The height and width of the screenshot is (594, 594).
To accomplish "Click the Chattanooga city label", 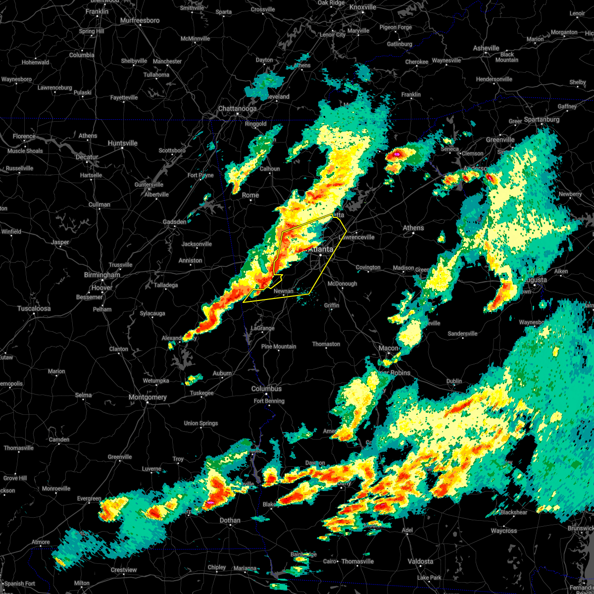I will coord(237,108).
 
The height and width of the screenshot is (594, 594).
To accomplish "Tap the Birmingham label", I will coord(102,275).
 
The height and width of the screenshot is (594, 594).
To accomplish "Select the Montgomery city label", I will coord(148,397).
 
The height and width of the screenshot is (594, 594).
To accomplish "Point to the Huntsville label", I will coord(122,143).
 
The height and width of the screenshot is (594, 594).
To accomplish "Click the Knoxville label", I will coord(363,7).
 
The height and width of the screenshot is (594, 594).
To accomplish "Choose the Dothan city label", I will coord(230,520).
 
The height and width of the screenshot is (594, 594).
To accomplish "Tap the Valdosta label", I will coord(420,561).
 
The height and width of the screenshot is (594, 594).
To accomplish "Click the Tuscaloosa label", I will coord(34,308).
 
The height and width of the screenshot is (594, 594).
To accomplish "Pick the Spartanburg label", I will coord(542,119).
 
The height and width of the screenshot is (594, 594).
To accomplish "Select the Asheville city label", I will coord(486,48).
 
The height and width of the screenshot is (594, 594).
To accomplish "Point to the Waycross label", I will coord(503,531).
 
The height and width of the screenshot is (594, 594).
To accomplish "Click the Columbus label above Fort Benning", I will coord(266,389).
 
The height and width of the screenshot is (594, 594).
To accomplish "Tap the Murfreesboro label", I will coord(140,20).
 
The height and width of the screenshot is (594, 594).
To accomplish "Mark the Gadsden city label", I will coord(175,222).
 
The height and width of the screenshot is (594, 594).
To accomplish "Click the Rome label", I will coord(250,195).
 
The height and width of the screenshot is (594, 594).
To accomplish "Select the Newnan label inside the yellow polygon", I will coord(284,291).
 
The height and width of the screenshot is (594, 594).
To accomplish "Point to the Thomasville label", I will coord(357,561).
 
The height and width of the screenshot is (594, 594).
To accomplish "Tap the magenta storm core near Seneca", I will coord(396,155).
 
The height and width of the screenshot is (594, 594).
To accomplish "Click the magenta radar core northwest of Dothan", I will coord(210,502).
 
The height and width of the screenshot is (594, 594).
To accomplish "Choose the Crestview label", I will coord(124,570).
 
